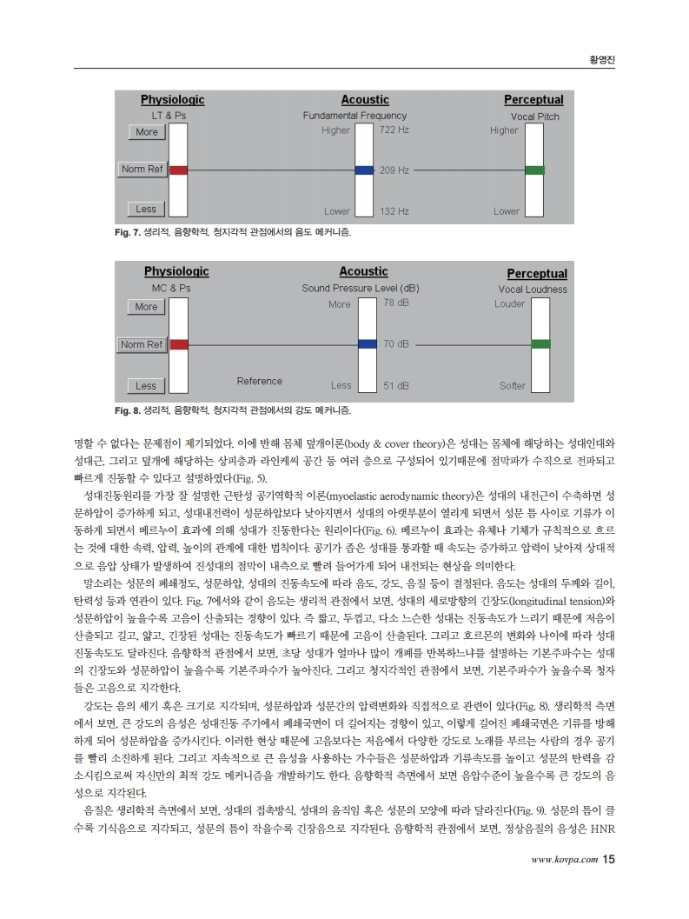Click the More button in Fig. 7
click(147, 132)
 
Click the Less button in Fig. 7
click(146, 209)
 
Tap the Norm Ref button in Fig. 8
click(142, 344)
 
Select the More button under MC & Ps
click(146, 307)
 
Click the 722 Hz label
click(394, 130)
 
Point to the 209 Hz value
click(394, 170)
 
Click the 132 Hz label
click(394, 211)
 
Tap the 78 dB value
click(396, 302)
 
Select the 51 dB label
click(396, 385)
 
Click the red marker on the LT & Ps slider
click(178, 170)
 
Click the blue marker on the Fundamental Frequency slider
click(364, 170)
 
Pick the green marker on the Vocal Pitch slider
click(535, 170)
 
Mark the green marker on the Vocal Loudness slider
click(540, 344)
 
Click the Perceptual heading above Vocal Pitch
click(533, 100)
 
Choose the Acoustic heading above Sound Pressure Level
click(363, 272)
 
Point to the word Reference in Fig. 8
click(259, 381)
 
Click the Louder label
click(510, 304)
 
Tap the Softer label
click(513, 385)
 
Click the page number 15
click(608, 860)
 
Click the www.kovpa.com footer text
click(564, 861)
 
